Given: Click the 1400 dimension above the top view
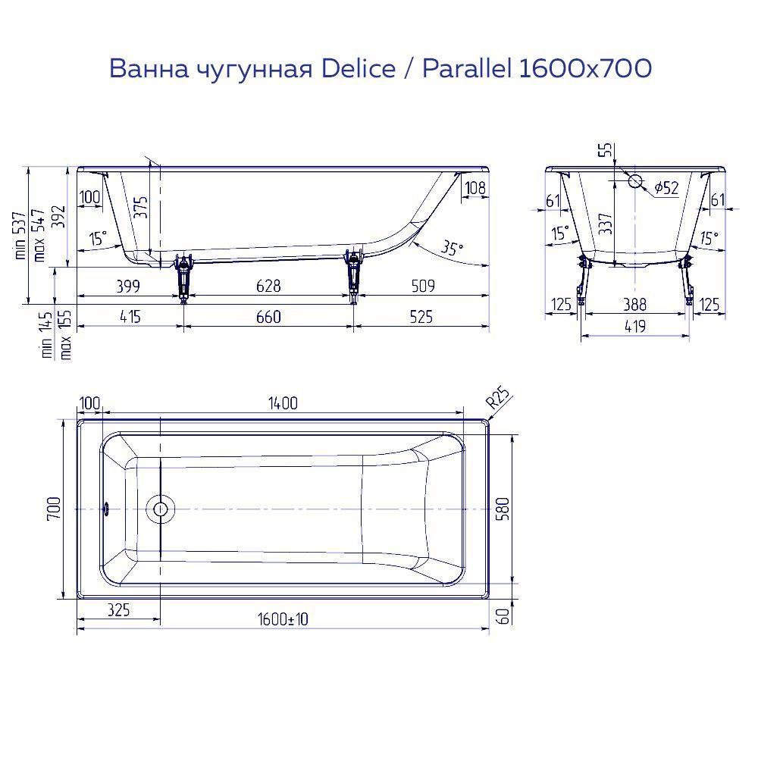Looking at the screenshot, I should coord(281,403).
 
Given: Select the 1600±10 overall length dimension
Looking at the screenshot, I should coord(282,619).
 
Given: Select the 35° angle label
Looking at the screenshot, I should coord(452,249).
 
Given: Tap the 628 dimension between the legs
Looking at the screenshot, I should coord(268,286).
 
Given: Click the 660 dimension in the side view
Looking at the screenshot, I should coord(268,317).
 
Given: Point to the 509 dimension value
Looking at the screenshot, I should coord(421,286).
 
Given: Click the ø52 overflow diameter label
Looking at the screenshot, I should coord(666,187).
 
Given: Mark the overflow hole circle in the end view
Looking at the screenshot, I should coord(635,181).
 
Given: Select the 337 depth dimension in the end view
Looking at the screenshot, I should coord(605,224).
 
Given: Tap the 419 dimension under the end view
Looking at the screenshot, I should coord(635,327).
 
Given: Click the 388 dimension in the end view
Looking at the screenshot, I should coord(635,305).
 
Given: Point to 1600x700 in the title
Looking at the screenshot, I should coord(584,69).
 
